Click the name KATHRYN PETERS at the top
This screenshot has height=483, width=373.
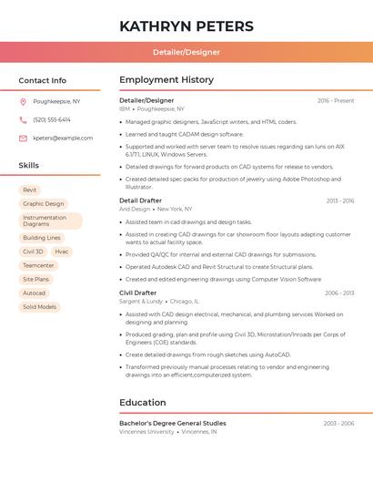(x=186, y=26)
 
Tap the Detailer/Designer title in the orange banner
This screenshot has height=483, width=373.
(x=186, y=53)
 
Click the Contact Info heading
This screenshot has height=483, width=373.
(x=43, y=80)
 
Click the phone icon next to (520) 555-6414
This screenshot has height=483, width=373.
(x=23, y=119)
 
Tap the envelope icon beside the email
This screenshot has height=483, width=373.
(x=23, y=138)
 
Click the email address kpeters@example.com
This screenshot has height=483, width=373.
(x=63, y=138)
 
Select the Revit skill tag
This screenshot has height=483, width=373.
(x=30, y=190)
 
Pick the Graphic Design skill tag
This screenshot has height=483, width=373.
(x=44, y=204)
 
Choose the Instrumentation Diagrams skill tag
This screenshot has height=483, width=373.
(x=50, y=221)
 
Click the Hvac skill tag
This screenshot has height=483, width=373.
(x=61, y=252)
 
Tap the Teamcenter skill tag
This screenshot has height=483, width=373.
(x=38, y=265)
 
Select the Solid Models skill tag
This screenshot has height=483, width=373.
(x=39, y=307)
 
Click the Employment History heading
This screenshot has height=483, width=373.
(x=166, y=80)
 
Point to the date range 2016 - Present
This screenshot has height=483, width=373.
(x=336, y=100)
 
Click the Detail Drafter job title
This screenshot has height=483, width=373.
(x=140, y=200)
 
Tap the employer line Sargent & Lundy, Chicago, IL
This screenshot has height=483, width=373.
(x=158, y=301)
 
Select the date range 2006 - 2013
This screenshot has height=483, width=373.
(x=339, y=293)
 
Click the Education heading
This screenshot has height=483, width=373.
(x=143, y=403)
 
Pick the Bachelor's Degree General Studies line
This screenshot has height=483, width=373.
(x=173, y=423)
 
